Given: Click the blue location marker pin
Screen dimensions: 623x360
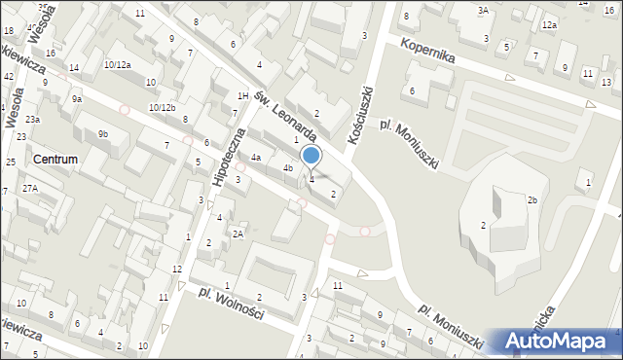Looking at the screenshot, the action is coord(311,155).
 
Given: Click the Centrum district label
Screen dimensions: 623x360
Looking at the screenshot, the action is coord(55,159).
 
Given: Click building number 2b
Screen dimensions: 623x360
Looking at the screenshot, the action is coord(532,200).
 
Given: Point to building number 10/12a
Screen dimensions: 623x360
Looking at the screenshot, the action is coord(117,64).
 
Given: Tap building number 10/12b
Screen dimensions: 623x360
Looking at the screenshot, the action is coord(162,107).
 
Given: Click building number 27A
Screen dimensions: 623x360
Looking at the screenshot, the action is coord(30,188).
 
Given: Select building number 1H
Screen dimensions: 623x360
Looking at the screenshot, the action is coord(242,95).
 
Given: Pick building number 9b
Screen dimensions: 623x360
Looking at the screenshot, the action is coord(102,133).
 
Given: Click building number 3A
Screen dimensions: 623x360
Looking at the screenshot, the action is coord(482,10).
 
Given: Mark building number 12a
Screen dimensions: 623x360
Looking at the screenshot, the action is coord(550,24).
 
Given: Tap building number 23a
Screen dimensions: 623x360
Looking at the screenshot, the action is coord(33,119).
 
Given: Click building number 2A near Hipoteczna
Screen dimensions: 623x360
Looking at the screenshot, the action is coord(238,234).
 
